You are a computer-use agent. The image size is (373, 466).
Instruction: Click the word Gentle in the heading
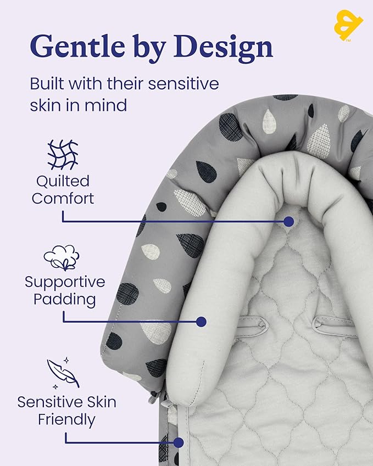click(x=77, y=46)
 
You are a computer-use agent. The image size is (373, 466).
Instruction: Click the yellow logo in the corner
click(x=348, y=25)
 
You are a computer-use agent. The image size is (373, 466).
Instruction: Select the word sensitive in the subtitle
click(x=183, y=83)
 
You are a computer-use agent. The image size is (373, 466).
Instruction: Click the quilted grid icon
click(x=63, y=155)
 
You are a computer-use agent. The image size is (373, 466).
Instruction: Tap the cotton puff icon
click(x=62, y=257)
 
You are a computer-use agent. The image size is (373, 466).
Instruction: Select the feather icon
click(x=63, y=373)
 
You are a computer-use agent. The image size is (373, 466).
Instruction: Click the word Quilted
click(x=63, y=182)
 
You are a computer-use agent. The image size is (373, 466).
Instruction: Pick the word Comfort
click(x=63, y=199)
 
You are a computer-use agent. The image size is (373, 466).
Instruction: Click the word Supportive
click(x=65, y=283)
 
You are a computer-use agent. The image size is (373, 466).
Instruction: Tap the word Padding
click(x=64, y=300)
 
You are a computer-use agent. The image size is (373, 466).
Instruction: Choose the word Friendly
click(x=66, y=420)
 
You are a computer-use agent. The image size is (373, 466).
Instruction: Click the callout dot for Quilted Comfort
click(x=288, y=221)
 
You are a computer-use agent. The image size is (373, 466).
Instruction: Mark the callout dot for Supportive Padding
click(x=202, y=322)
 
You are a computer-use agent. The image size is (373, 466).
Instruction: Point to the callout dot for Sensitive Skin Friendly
click(x=178, y=442)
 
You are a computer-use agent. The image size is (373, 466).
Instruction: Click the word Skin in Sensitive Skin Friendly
click(x=98, y=402)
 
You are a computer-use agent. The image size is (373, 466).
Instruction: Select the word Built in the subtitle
click(x=47, y=83)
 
